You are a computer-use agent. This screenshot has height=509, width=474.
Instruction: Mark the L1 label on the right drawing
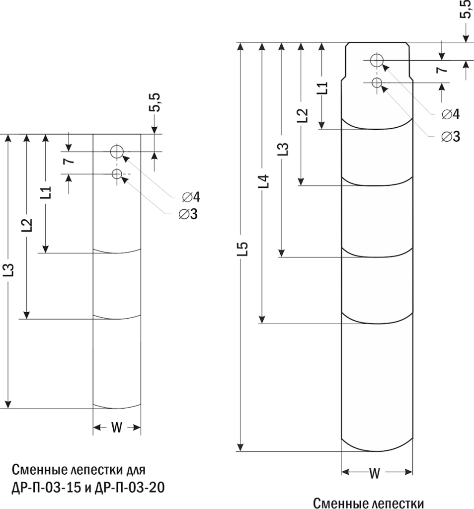[322, 88]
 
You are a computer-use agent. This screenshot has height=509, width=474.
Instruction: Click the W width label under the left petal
[116, 427]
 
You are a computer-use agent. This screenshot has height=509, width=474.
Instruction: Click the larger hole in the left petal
[117, 152]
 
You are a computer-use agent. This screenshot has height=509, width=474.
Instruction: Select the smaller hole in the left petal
[117, 173]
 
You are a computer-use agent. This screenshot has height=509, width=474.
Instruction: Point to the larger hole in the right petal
[377, 60]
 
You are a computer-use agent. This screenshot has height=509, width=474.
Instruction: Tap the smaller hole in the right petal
[377, 83]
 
